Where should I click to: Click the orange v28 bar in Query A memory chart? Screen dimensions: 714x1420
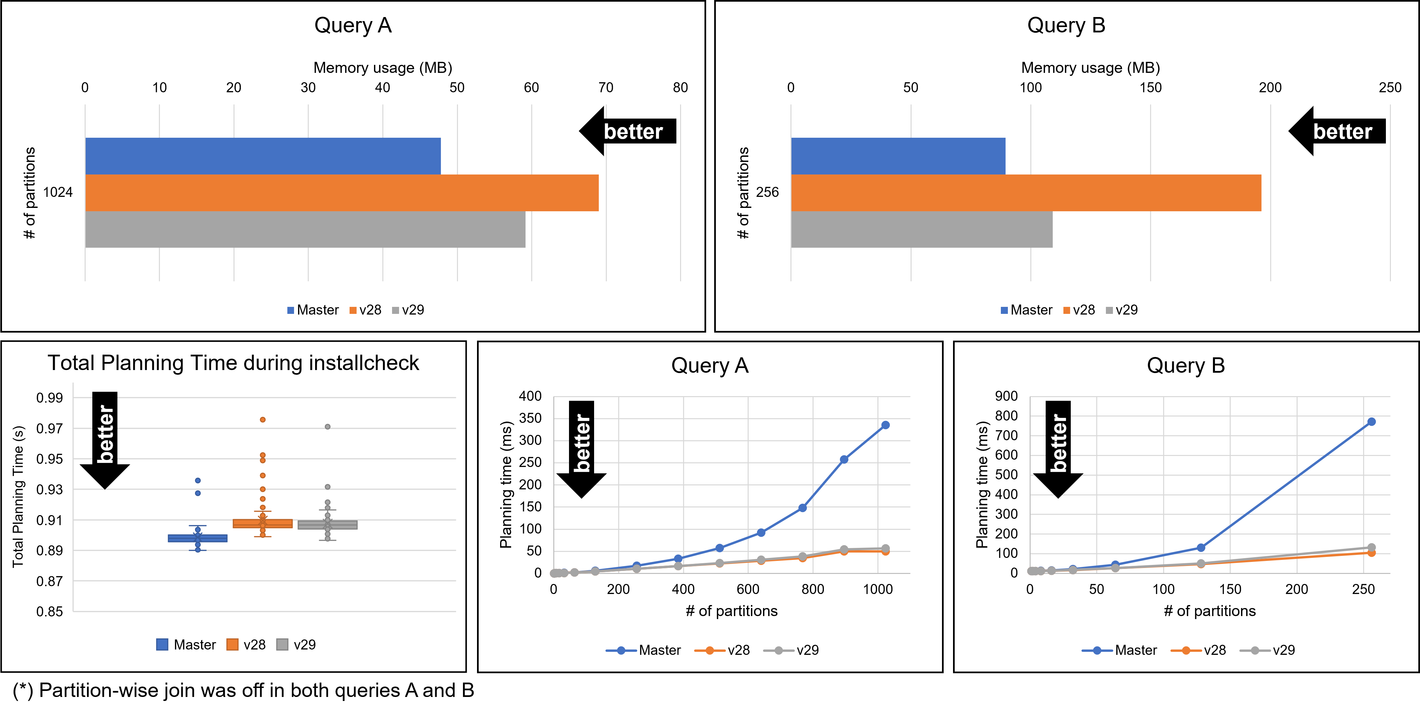[342, 193]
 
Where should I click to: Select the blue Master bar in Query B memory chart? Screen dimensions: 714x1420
[897, 156]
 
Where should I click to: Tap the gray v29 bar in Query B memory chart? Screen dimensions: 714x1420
[921, 229]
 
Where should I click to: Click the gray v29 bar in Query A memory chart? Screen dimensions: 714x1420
[305, 229]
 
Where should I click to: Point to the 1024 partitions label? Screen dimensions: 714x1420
[58, 192]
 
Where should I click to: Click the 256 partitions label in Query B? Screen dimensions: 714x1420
[767, 192]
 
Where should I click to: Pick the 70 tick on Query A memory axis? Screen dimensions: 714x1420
[605, 88]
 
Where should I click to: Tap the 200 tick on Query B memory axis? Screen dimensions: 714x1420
[1269, 88]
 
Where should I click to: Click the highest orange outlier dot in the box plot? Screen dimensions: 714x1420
[263, 420]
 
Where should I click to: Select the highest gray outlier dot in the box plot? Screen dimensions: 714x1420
[327, 427]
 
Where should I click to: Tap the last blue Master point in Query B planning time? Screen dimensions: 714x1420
[1371, 422]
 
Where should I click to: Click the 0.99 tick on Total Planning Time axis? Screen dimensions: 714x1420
[50, 398]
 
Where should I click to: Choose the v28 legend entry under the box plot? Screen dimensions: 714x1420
[247, 644]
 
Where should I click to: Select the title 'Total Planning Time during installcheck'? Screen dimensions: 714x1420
[233, 363]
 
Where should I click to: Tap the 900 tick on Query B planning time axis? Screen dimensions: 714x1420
[1006, 396]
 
